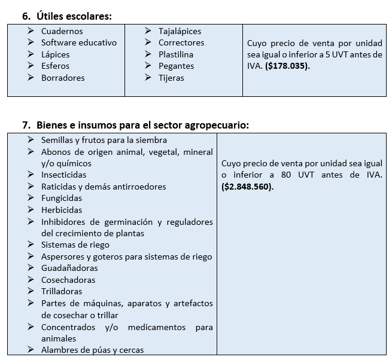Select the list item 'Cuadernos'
coord(62,31)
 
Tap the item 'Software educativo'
coord(78,42)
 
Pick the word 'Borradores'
coord(63,78)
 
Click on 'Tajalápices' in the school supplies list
coord(180,31)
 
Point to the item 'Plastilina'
coord(176,54)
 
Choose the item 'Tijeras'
coord(171,78)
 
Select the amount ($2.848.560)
coord(247,186)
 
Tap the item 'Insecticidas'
coord(63,175)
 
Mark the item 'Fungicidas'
coord(62,198)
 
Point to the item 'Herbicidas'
coord(62,210)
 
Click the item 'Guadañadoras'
coord(69,268)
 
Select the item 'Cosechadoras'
coord(68,280)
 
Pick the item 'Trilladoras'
coord(62,291)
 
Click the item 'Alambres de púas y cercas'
coord(92,350)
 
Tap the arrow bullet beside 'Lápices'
coord(31,54)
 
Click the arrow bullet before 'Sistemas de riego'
coord(31,245)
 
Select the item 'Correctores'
coord(181,42)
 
